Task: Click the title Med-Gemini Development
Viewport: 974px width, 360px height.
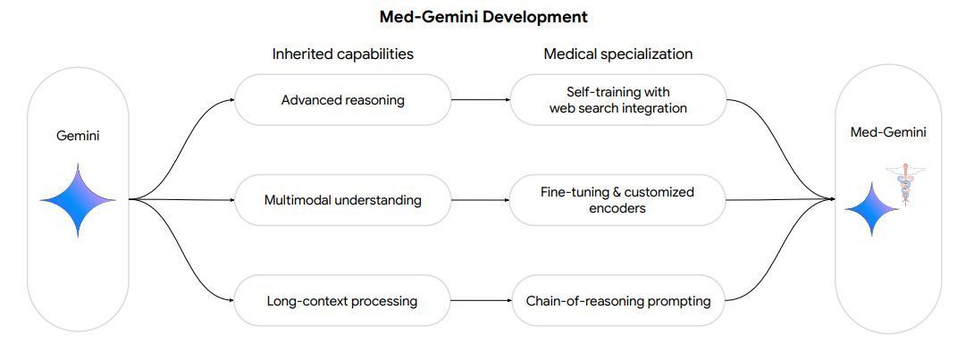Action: click(483, 16)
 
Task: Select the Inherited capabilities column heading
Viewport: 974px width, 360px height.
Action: click(342, 54)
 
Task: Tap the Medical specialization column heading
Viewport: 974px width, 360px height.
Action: click(617, 54)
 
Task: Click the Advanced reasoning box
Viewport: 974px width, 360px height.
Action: click(342, 99)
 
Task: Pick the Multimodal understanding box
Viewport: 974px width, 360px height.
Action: click(342, 200)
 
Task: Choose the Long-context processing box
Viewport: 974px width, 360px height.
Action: click(342, 301)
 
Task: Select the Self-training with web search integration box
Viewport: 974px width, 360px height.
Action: click(617, 99)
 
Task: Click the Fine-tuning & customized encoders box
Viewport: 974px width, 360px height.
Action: click(617, 200)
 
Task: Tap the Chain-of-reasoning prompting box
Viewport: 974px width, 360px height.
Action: click(617, 301)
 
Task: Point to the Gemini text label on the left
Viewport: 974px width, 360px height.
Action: click(79, 136)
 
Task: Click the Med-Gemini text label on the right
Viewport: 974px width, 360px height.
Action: click(887, 132)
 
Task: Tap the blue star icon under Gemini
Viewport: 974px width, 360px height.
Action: click(79, 200)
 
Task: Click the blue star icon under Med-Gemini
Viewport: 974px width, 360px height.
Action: click(872, 209)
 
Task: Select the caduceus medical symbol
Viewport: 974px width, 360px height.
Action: click(905, 183)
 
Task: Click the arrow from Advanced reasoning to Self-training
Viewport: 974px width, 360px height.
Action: click(480, 99)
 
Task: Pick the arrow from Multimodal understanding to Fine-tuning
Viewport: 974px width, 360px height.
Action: click(480, 200)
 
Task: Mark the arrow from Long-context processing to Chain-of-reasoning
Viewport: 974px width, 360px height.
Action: click(480, 301)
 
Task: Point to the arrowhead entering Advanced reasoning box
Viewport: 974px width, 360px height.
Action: click(231, 99)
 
